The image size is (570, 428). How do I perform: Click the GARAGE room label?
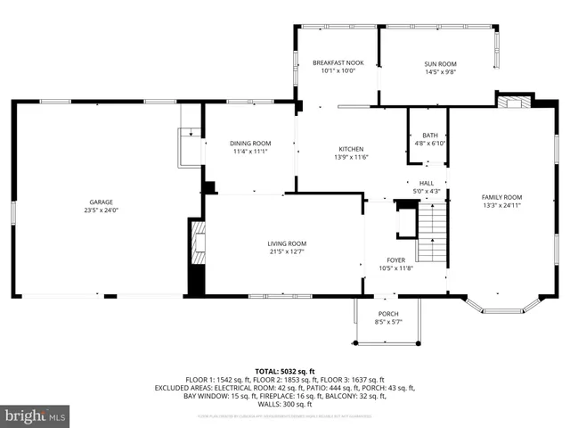click(101, 202)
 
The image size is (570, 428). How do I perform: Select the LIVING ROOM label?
click(287, 243)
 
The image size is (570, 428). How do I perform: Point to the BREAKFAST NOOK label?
click(338, 62)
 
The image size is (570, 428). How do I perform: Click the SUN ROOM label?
click(440, 64)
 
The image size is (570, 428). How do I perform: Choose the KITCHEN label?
click(350, 149)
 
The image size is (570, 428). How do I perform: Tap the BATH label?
click(429, 136)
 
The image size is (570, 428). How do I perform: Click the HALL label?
click(426, 183)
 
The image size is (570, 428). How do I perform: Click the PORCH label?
click(388, 313)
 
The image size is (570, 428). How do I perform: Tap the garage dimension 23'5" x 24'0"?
click(101, 210)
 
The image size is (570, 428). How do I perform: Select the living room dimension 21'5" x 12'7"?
click(287, 251)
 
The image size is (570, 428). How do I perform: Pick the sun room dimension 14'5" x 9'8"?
click(440, 72)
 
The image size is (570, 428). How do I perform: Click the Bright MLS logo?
click(36, 416)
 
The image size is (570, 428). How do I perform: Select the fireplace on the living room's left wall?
click(197, 241)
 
